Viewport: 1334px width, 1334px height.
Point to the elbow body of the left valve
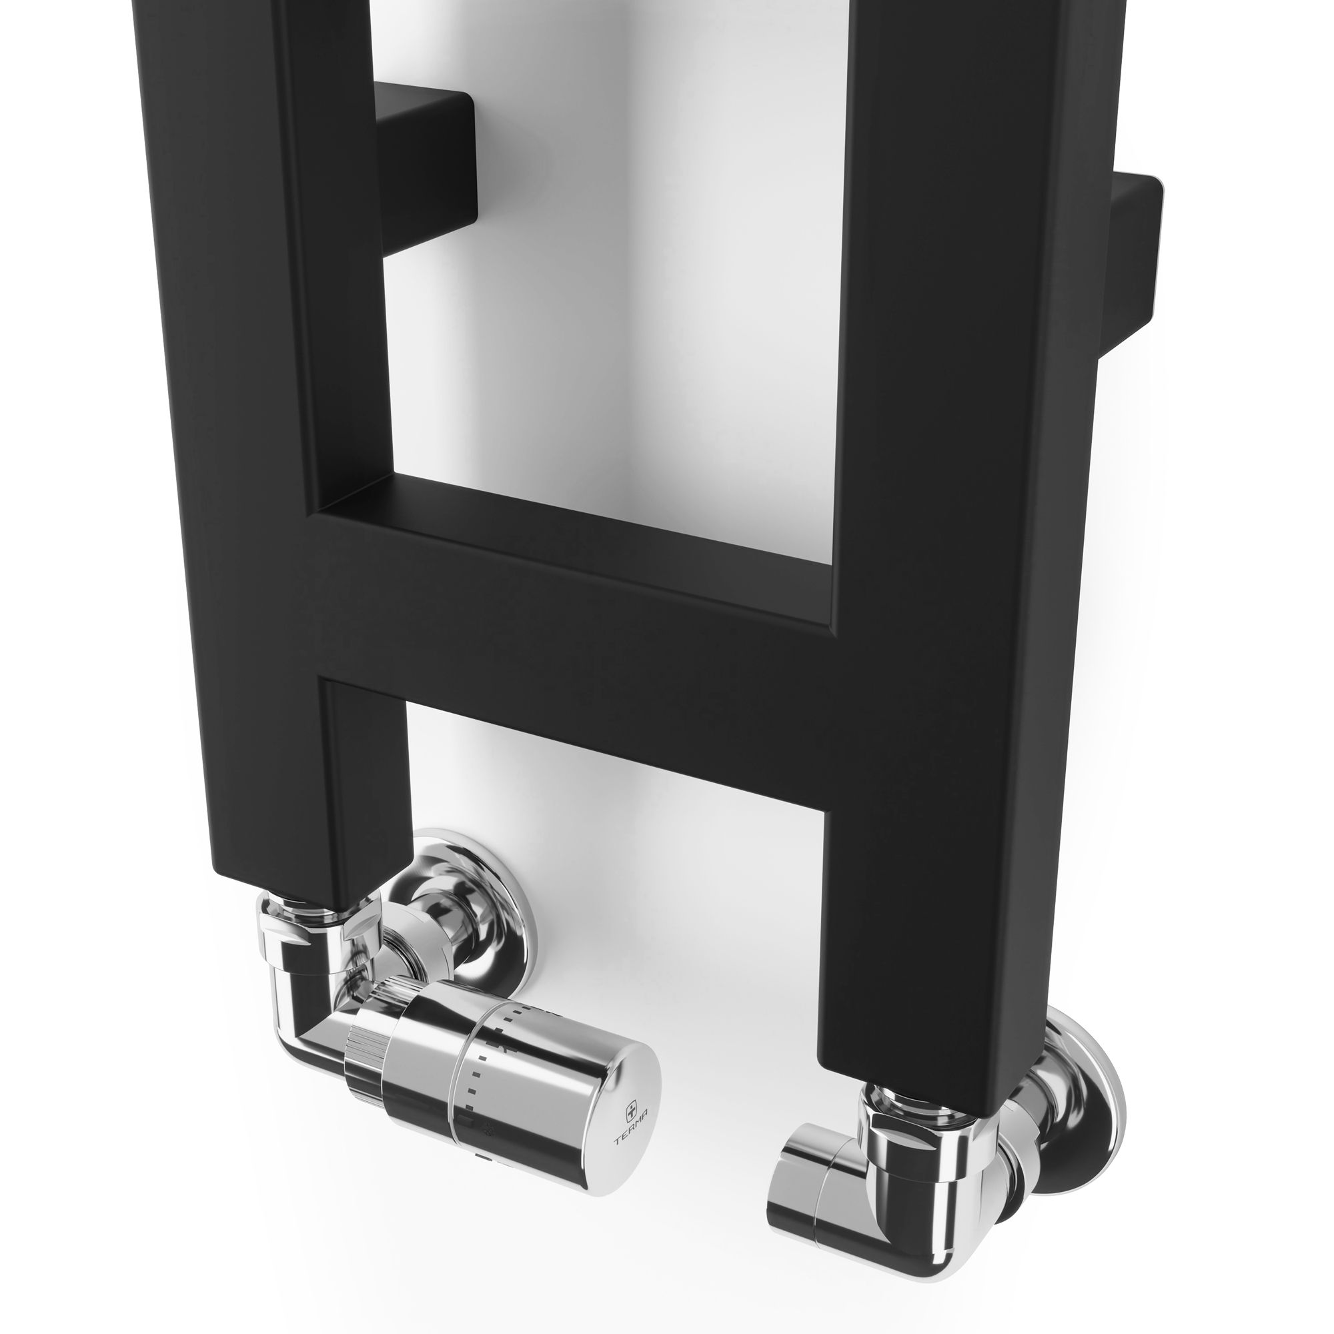click(x=303, y=1001)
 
